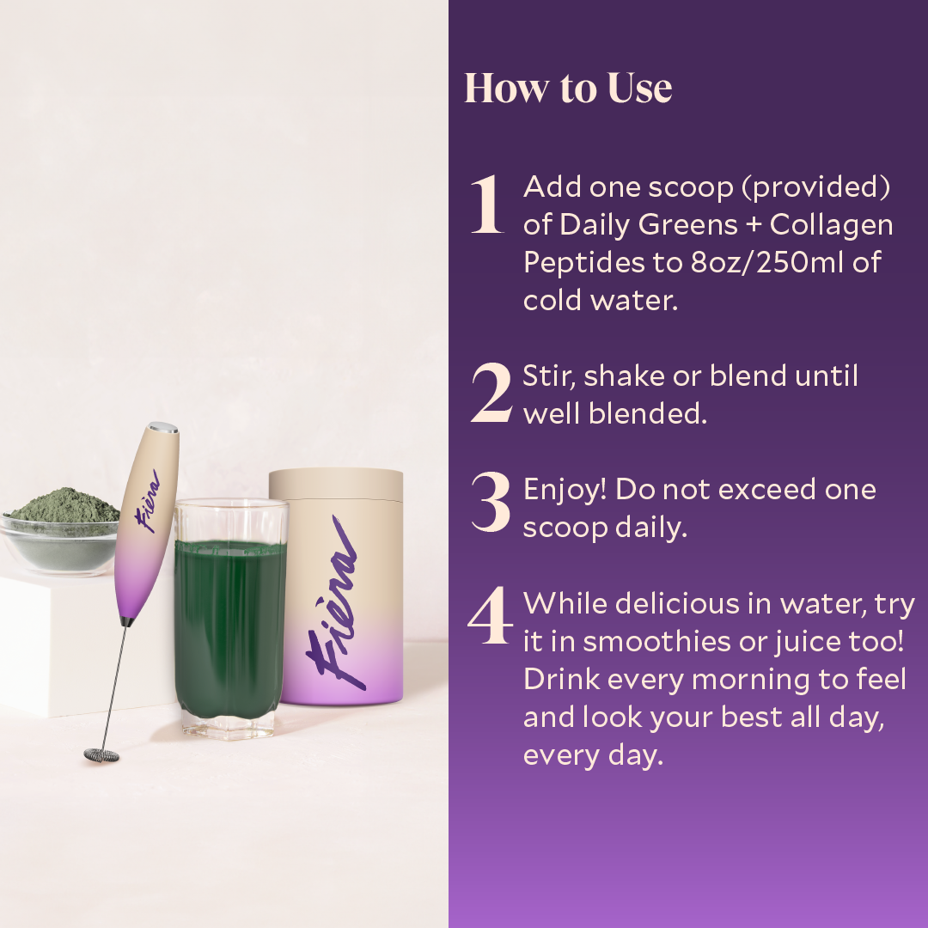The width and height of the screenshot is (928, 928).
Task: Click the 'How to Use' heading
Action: [x=568, y=89]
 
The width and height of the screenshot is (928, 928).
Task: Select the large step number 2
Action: [x=491, y=394]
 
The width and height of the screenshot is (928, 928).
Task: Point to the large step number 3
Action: [x=491, y=507]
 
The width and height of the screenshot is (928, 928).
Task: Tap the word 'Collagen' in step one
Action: [x=832, y=224]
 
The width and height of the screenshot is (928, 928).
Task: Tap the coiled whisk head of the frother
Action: [x=101, y=754]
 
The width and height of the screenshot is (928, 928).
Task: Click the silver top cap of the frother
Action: [x=163, y=427]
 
